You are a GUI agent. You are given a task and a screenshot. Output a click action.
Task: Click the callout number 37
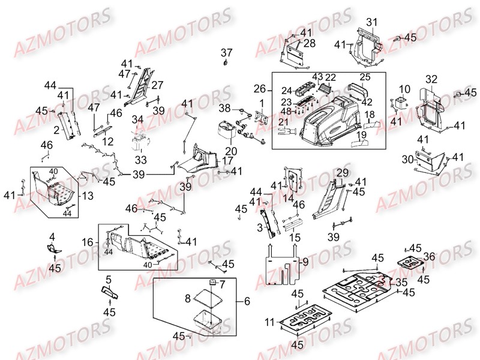[226, 52]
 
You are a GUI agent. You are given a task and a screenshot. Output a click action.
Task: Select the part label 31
[372, 22]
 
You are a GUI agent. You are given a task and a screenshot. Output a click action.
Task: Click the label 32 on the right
[431, 79]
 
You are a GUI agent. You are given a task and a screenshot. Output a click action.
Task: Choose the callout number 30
[406, 160]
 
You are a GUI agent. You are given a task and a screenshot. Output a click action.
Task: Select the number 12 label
[108, 142]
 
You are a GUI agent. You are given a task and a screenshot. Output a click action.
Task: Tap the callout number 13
[88, 195]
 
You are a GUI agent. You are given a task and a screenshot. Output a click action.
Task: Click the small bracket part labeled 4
[53, 247]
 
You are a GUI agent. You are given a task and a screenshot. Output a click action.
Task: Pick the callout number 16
[88, 242]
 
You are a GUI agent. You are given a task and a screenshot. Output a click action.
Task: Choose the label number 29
[342, 173]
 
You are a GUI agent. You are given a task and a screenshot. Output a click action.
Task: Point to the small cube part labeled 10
[399, 103]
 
